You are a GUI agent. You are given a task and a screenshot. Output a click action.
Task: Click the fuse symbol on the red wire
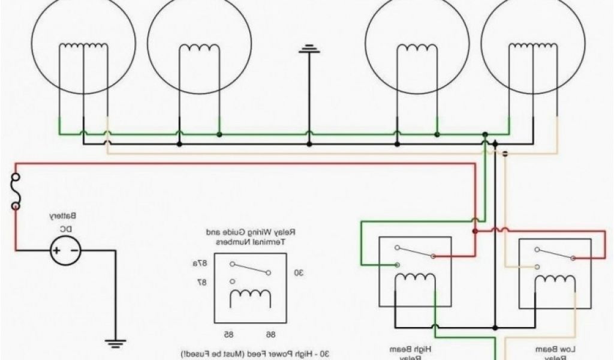pyautogui.click(x=15, y=191)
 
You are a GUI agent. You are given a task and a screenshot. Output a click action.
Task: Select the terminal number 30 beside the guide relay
pyautogui.click(x=298, y=272)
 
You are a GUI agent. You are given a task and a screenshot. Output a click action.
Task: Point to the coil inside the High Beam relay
pyautogui.click(x=416, y=280)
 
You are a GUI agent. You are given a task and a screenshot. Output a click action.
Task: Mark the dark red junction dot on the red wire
pyautogui.click(x=474, y=231)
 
